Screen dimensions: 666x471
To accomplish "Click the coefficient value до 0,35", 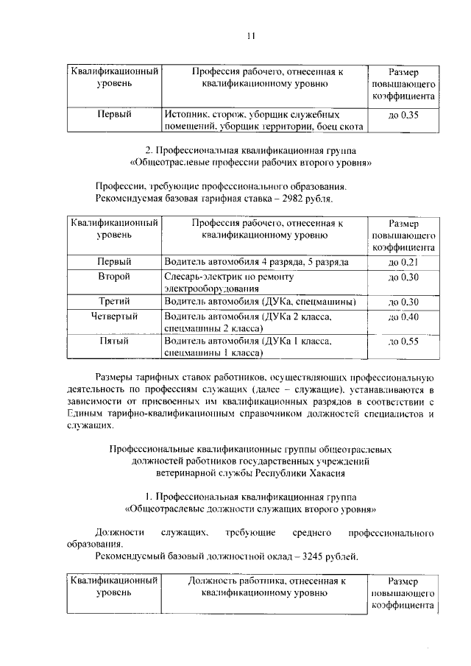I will (403, 115).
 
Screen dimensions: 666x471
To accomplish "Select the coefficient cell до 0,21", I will (403, 262).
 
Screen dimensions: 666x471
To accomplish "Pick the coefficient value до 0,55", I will (403, 341).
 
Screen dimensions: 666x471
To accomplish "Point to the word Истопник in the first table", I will (187, 116).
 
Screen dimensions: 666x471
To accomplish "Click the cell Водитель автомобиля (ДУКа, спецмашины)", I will (261, 302).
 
